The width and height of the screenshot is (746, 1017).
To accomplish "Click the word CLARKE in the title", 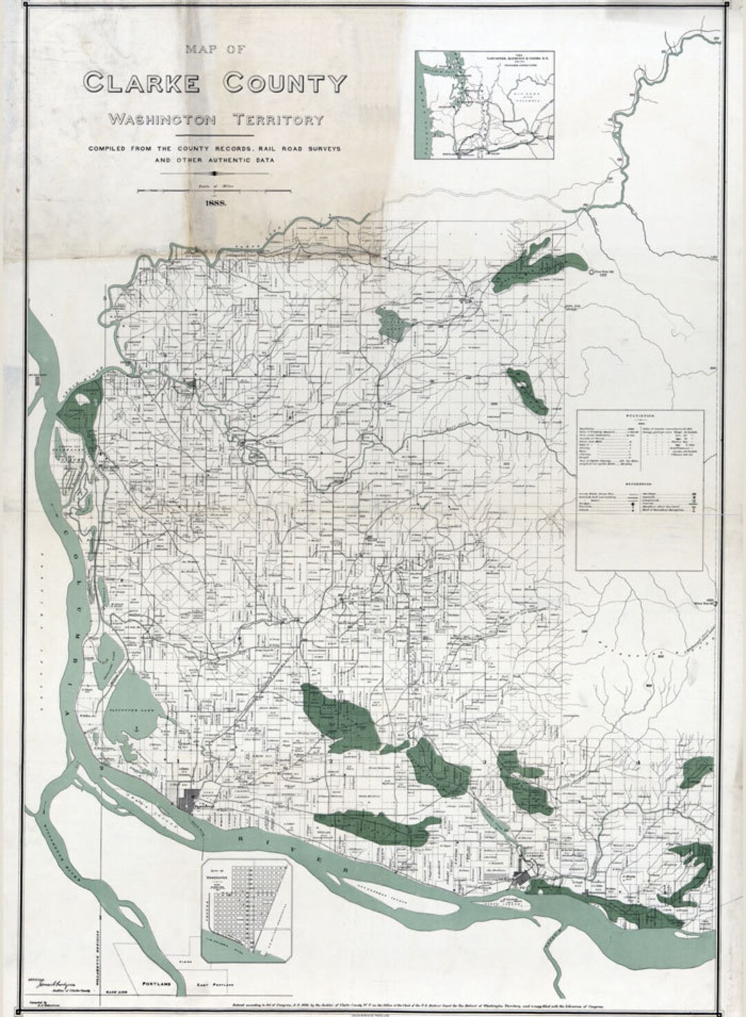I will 142,84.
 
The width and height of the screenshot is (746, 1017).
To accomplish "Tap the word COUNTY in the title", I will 284,84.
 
